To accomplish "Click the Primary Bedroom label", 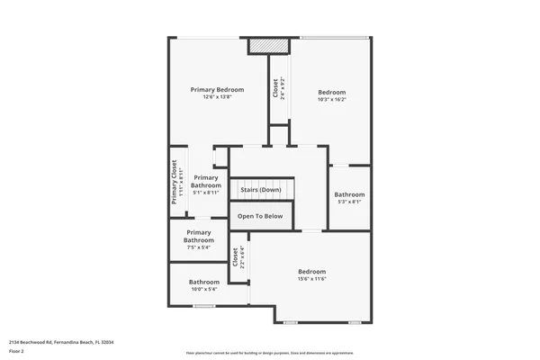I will coord(217,90).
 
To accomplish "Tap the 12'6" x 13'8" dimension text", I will coord(217,97).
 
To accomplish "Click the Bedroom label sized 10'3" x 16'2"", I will coord(331,92).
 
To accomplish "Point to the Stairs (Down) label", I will coord(261,190).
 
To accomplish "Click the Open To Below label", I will coord(261,216).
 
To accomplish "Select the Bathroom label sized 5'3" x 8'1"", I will coord(349,194).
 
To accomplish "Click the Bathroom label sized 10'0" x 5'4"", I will coord(204,282).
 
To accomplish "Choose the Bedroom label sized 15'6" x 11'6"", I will coord(311,271).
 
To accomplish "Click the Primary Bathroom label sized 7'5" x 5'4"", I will coord(198,237).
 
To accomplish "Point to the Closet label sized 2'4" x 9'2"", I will coord(275,88).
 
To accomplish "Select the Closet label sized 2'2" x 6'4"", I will coord(236,257).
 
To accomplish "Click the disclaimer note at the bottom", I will coord(269,353).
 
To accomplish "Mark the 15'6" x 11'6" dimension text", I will coord(311,279).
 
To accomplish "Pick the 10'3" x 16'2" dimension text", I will coord(331,100).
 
